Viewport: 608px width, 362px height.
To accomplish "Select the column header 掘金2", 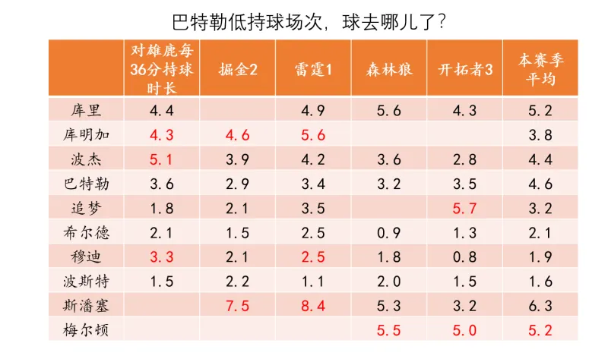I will [237, 68].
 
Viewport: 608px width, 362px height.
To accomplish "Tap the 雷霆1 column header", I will [313, 68].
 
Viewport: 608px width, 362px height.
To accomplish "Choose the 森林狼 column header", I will [388, 68].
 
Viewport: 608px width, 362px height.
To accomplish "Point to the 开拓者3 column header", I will [464, 68].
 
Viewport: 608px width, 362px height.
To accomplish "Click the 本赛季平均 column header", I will [540, 68].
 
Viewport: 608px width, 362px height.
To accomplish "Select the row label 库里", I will [86, 110].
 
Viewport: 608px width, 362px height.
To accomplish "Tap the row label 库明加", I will [86, 134].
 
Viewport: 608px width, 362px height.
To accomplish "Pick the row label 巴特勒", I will [86, 183].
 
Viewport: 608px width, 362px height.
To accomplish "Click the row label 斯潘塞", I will [86, 305].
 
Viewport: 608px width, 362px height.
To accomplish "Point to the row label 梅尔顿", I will [86, 330].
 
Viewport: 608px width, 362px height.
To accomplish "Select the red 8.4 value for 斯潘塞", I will [313, 306].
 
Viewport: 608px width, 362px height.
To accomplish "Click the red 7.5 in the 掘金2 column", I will [237, 306].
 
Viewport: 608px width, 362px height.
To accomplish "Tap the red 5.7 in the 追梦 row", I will [464, 208].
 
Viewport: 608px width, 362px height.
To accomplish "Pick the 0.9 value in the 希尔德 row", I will [388, 232].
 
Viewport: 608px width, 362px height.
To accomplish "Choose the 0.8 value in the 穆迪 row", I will [464, 257].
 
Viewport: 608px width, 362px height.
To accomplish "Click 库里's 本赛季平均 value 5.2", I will [540, 110].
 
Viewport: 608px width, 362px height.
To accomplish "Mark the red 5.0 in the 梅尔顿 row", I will [464, 330].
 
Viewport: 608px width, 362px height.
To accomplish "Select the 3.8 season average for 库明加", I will [540, 134].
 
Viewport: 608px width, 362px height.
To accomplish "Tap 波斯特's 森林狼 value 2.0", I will [388, 281].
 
